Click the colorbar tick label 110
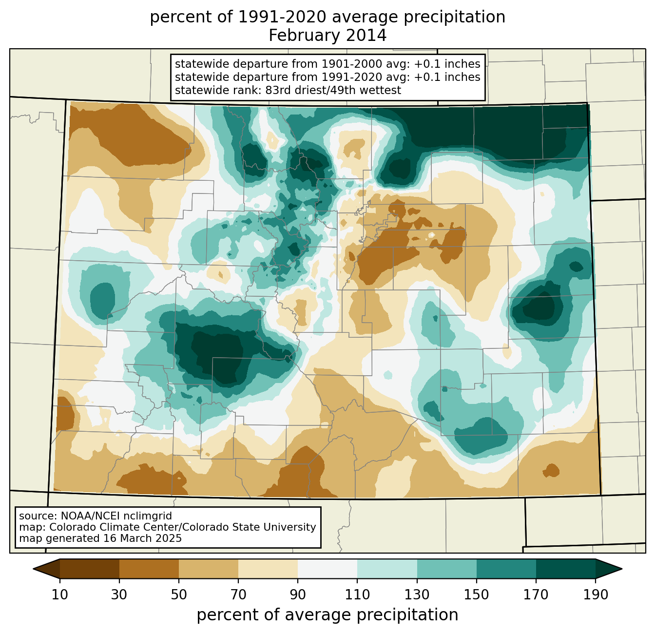tap(357, 595)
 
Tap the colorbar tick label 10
tap(59, 595)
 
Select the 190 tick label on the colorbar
tap(596, 595)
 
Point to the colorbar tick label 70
tap(238, 595)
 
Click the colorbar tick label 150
tap(476, 595)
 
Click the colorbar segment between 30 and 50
tap(149, 569)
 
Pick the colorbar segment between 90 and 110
tap(327, 569)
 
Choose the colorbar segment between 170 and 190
tap(565, 569)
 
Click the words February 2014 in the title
tap(327, 36)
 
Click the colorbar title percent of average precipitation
tap(327, 615)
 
